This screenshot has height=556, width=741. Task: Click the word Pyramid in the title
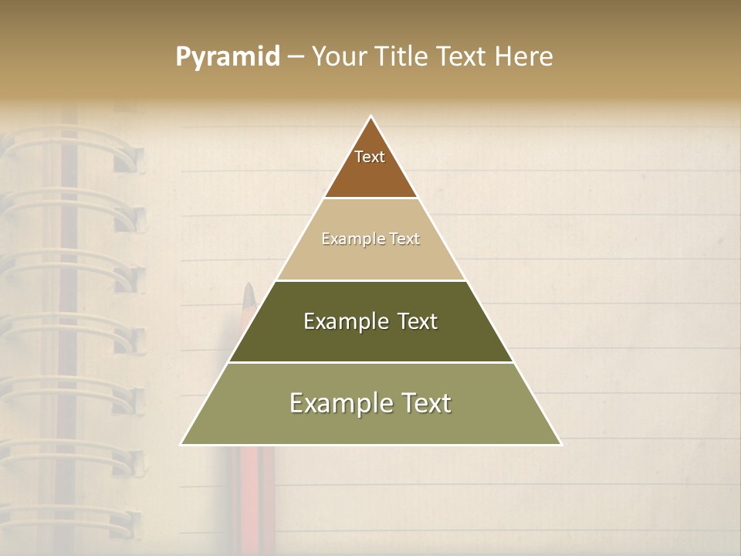(x=228, y=57)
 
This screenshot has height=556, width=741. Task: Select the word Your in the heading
(x=339, y=56)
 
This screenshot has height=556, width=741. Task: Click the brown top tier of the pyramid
(x=370, y=174)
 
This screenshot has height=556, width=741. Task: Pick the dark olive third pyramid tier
(x=370, y=340)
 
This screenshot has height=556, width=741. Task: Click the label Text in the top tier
(x=370, y=157)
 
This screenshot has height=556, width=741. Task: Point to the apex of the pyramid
(x=371, y=117)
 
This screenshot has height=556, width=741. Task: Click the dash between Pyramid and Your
(x=296, y=57)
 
